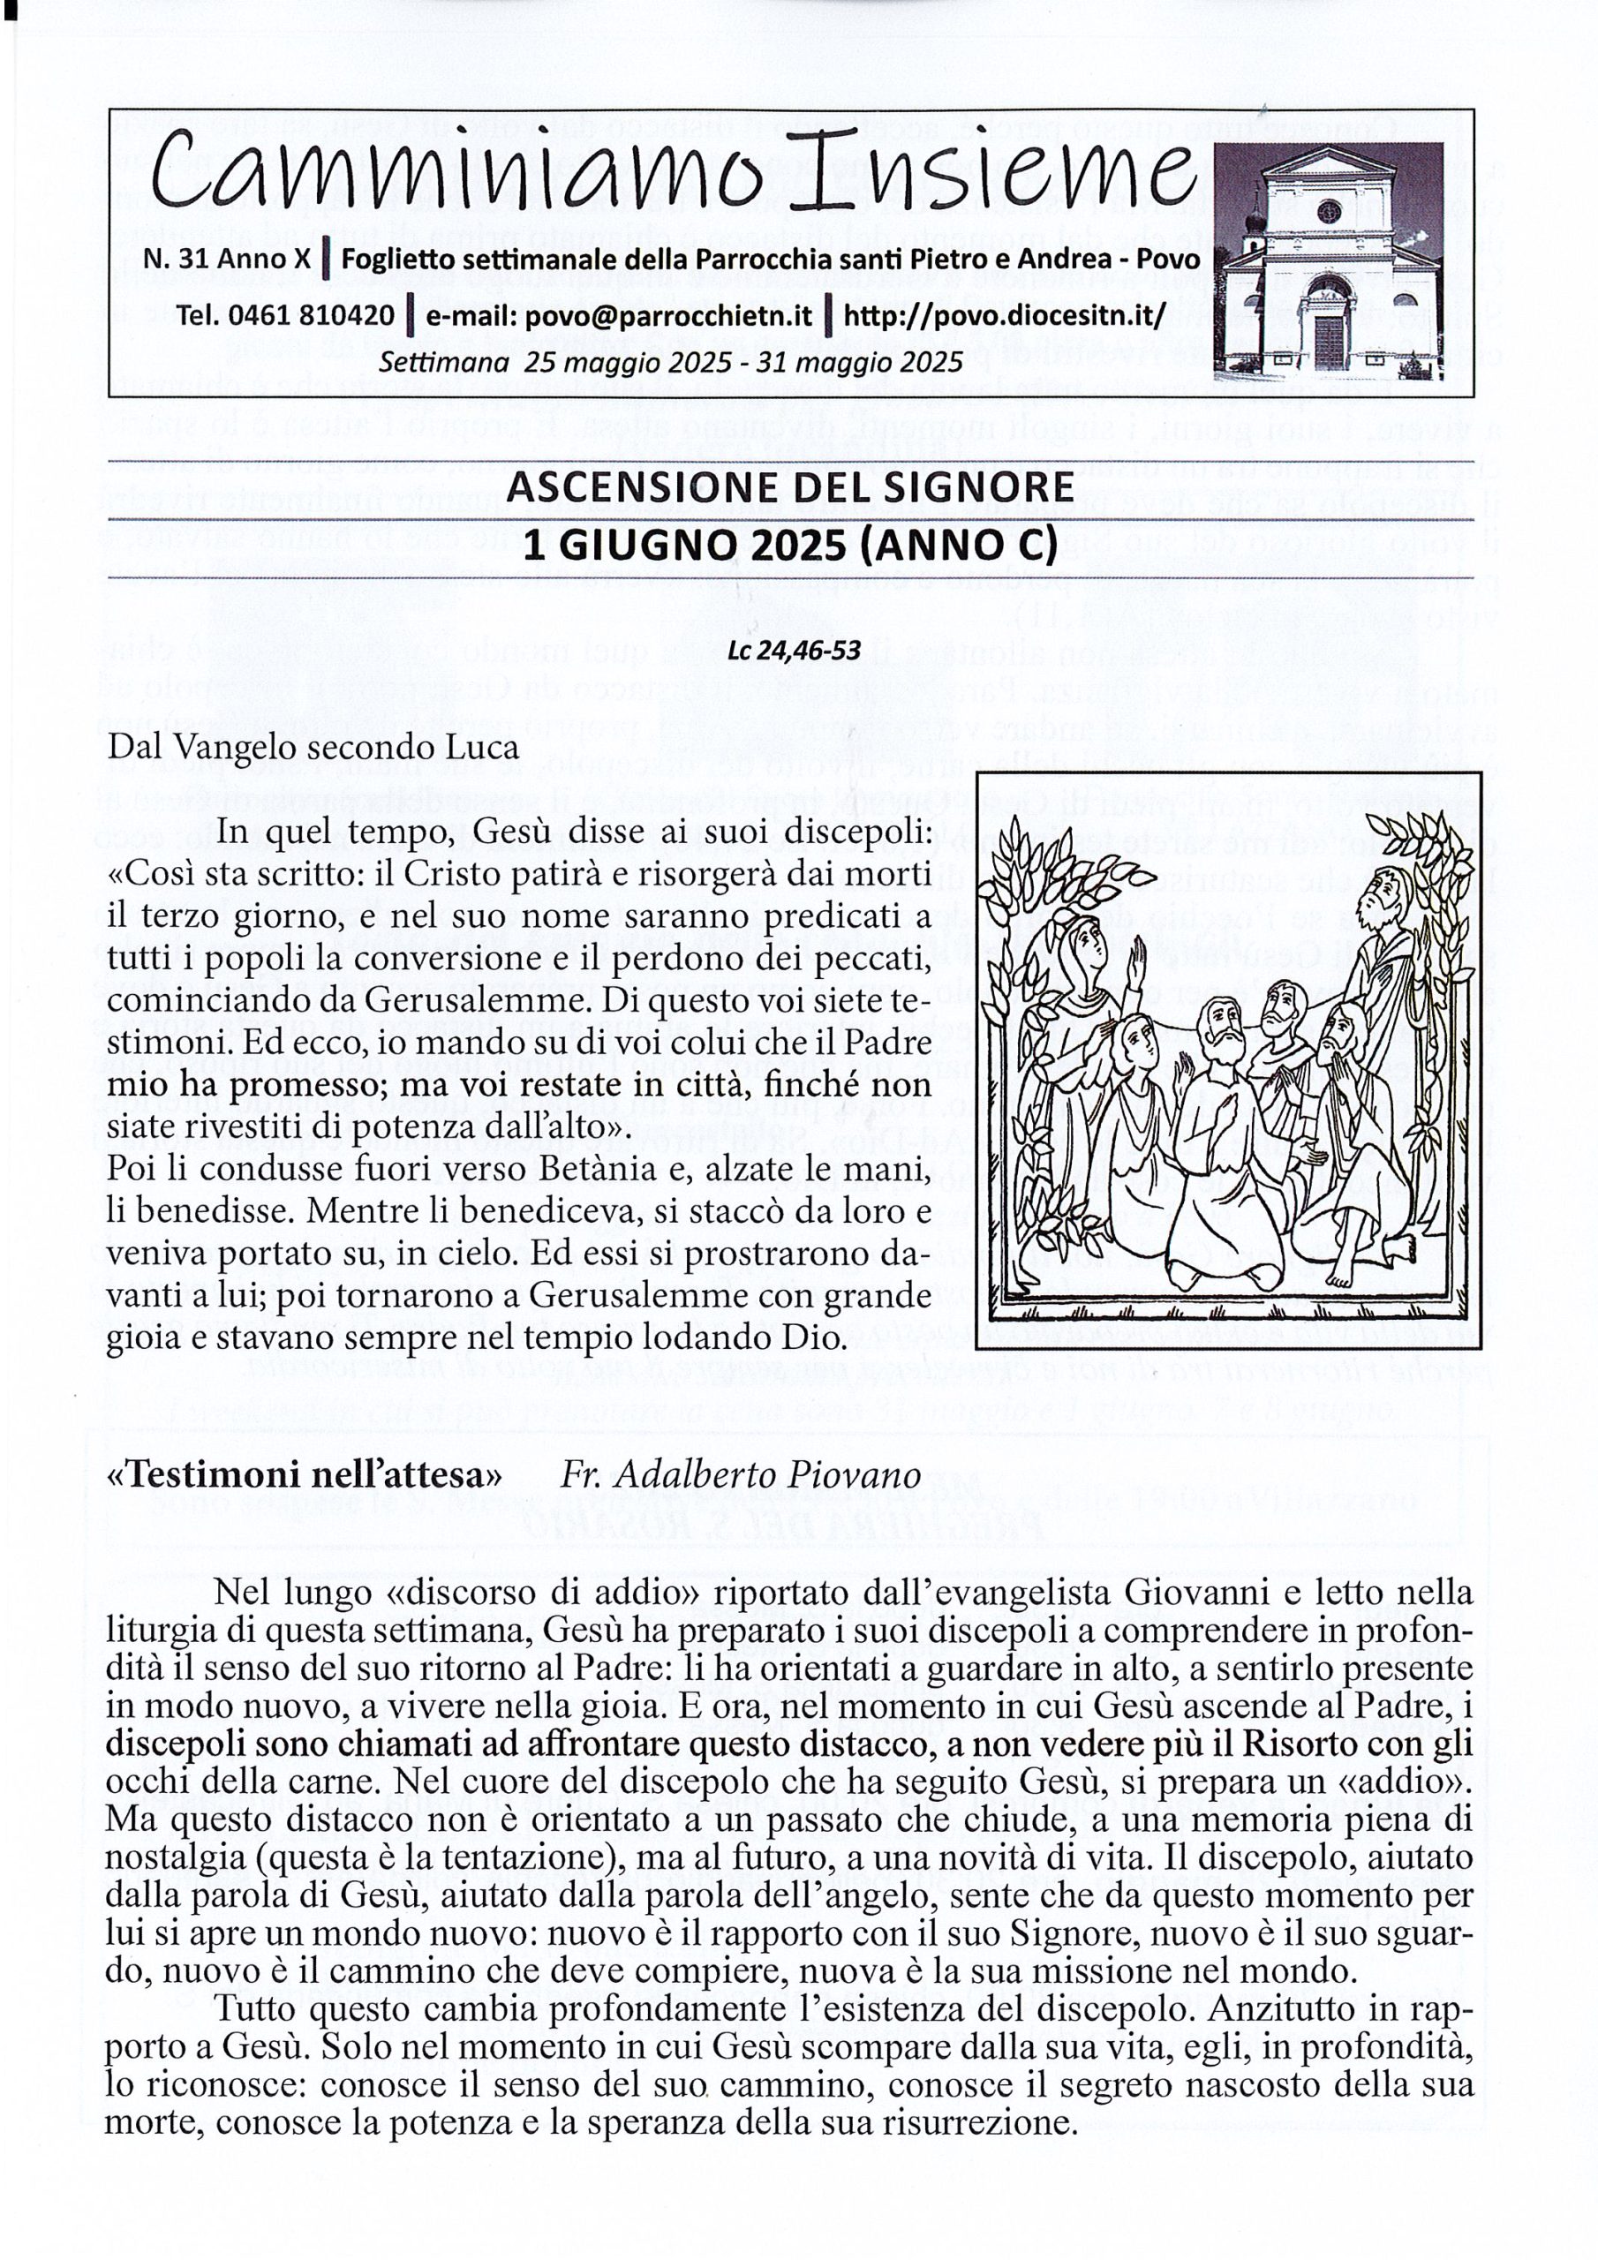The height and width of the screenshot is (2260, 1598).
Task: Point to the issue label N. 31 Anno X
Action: coord(228,259)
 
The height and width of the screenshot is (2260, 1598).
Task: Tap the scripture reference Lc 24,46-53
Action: coord(794,651)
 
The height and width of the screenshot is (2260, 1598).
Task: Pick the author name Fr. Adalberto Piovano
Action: coord(740,1474)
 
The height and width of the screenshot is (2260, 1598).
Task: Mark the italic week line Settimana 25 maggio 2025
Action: coord(669,362)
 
